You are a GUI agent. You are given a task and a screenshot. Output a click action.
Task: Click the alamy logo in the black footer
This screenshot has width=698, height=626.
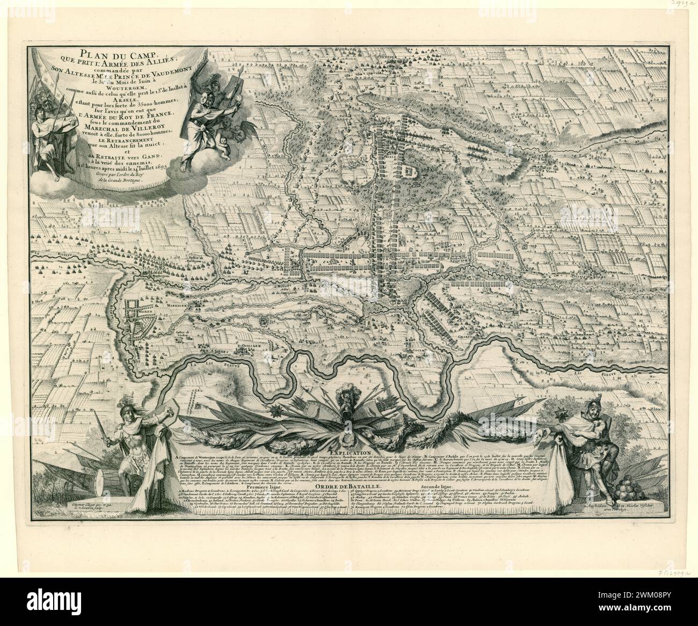pos(70,601)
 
